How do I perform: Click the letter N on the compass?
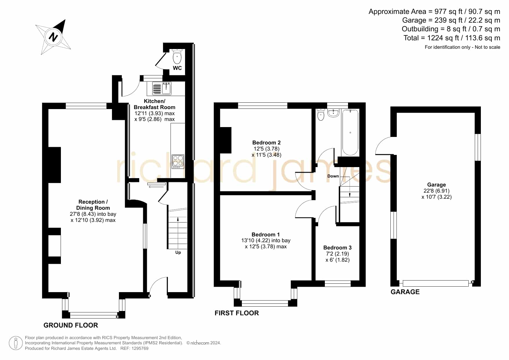click(53, 37)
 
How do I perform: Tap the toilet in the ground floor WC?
click(177, 56)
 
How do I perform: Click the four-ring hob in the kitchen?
click(178, 162)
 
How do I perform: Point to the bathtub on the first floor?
click(350, 132)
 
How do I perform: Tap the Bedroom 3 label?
click(337, 247)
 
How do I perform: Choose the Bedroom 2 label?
click(266, 142)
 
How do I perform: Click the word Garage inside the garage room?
click(436, 185)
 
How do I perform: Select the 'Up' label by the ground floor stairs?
click(178, 252)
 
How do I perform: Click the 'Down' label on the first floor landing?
click(333, 176)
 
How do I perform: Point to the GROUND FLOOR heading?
click(71, 325)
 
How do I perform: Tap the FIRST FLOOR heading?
click(237, 313)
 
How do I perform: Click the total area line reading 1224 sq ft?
click(452, 38)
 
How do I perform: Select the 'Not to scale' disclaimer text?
click(488, 47)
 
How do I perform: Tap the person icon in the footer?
click(16, 343)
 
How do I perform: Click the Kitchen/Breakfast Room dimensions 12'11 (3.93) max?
click(155, 113)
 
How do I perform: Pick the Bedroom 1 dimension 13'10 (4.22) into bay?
click(266, 240)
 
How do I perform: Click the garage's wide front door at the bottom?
click(436, 283)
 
